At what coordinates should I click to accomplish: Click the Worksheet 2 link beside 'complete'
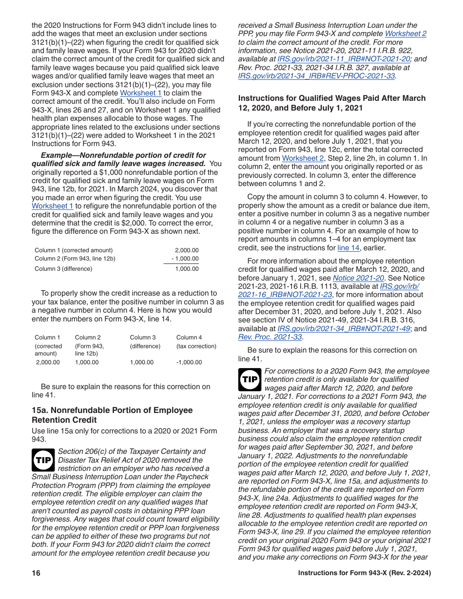[405, 34]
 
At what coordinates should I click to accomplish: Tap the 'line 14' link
[348, 248]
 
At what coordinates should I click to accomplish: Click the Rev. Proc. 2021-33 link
[270, 337]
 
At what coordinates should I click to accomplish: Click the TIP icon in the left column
[43, 460]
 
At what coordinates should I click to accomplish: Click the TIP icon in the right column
[250, 380]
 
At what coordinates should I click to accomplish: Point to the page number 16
[36, 573]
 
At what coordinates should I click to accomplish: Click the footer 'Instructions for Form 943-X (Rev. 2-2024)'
[364, 573]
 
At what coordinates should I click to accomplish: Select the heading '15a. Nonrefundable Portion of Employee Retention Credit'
[112, 415]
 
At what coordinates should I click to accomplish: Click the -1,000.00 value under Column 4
[189, 362]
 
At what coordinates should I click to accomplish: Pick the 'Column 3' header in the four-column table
[143, 337]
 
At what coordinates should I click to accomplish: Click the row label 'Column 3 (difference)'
[63, 269]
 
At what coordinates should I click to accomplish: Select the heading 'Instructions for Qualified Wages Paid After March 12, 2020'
[331, 103]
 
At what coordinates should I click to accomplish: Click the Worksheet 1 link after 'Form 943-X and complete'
[141, 93]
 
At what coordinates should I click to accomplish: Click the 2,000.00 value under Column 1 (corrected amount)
[48, 362]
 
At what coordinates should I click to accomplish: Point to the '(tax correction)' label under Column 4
[196, 346]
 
